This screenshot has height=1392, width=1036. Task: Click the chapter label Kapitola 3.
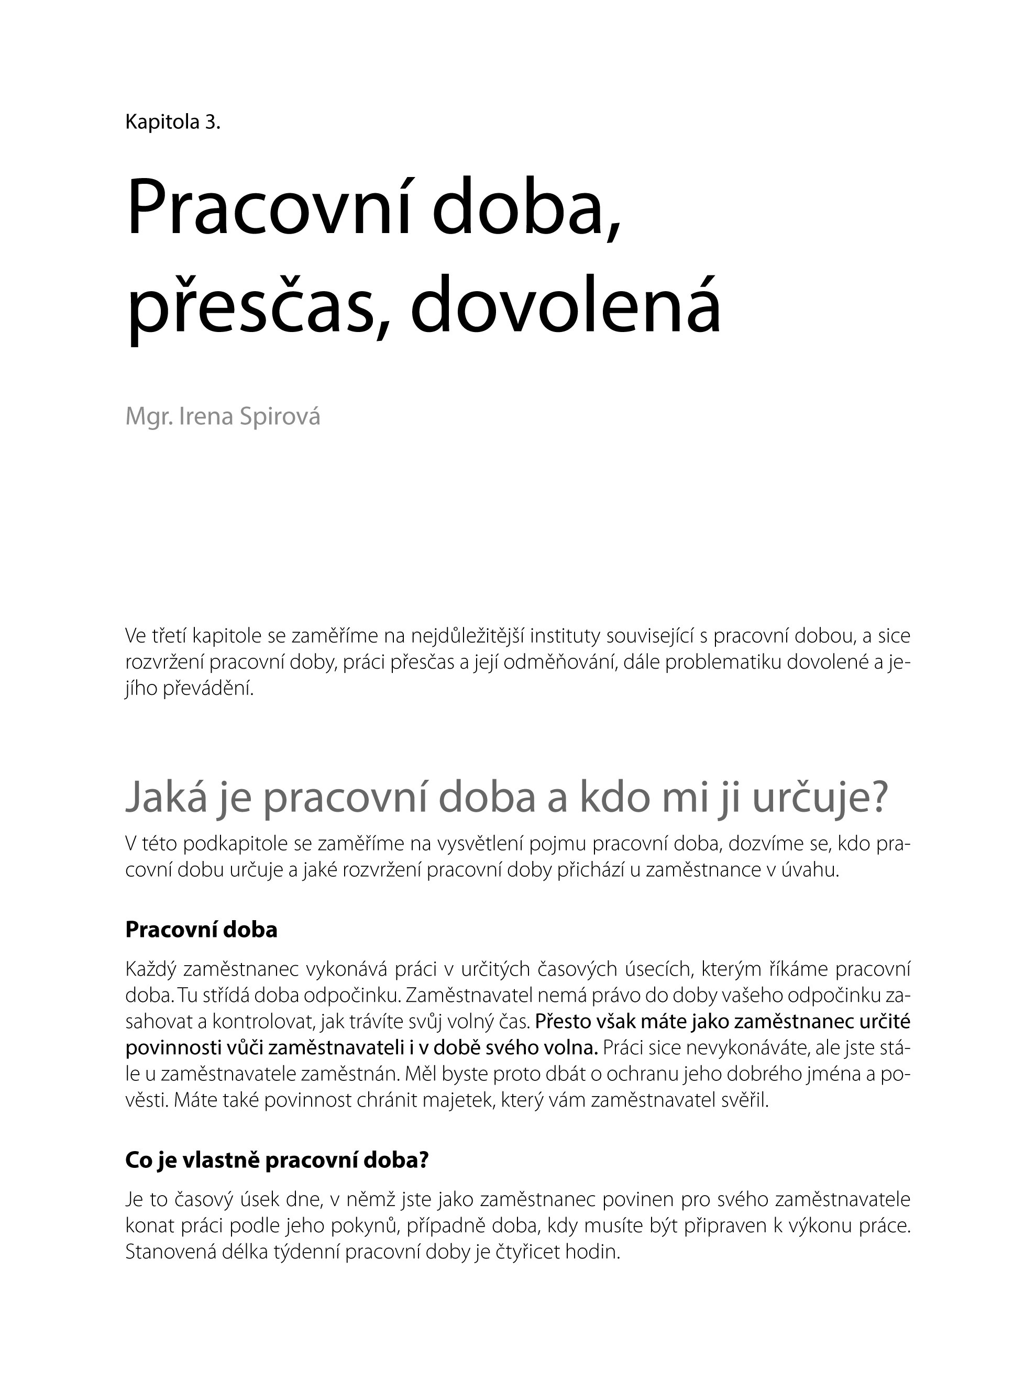[x=173, y=121]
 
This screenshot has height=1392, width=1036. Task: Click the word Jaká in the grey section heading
[x=166, y=799]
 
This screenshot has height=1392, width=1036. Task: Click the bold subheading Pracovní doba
[x=201, y=929]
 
